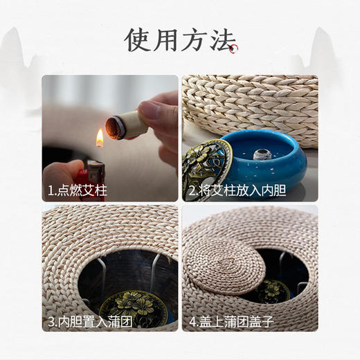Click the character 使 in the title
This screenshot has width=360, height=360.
[x=138, y=41]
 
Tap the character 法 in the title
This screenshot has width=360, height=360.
[x=222, y=41]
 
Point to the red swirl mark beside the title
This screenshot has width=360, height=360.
[x=235, y=48]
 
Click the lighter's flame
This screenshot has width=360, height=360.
[x=100, y=138]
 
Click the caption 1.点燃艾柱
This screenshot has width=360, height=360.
[x=77, y=189]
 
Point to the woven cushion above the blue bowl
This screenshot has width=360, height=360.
[x=256, y=104]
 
